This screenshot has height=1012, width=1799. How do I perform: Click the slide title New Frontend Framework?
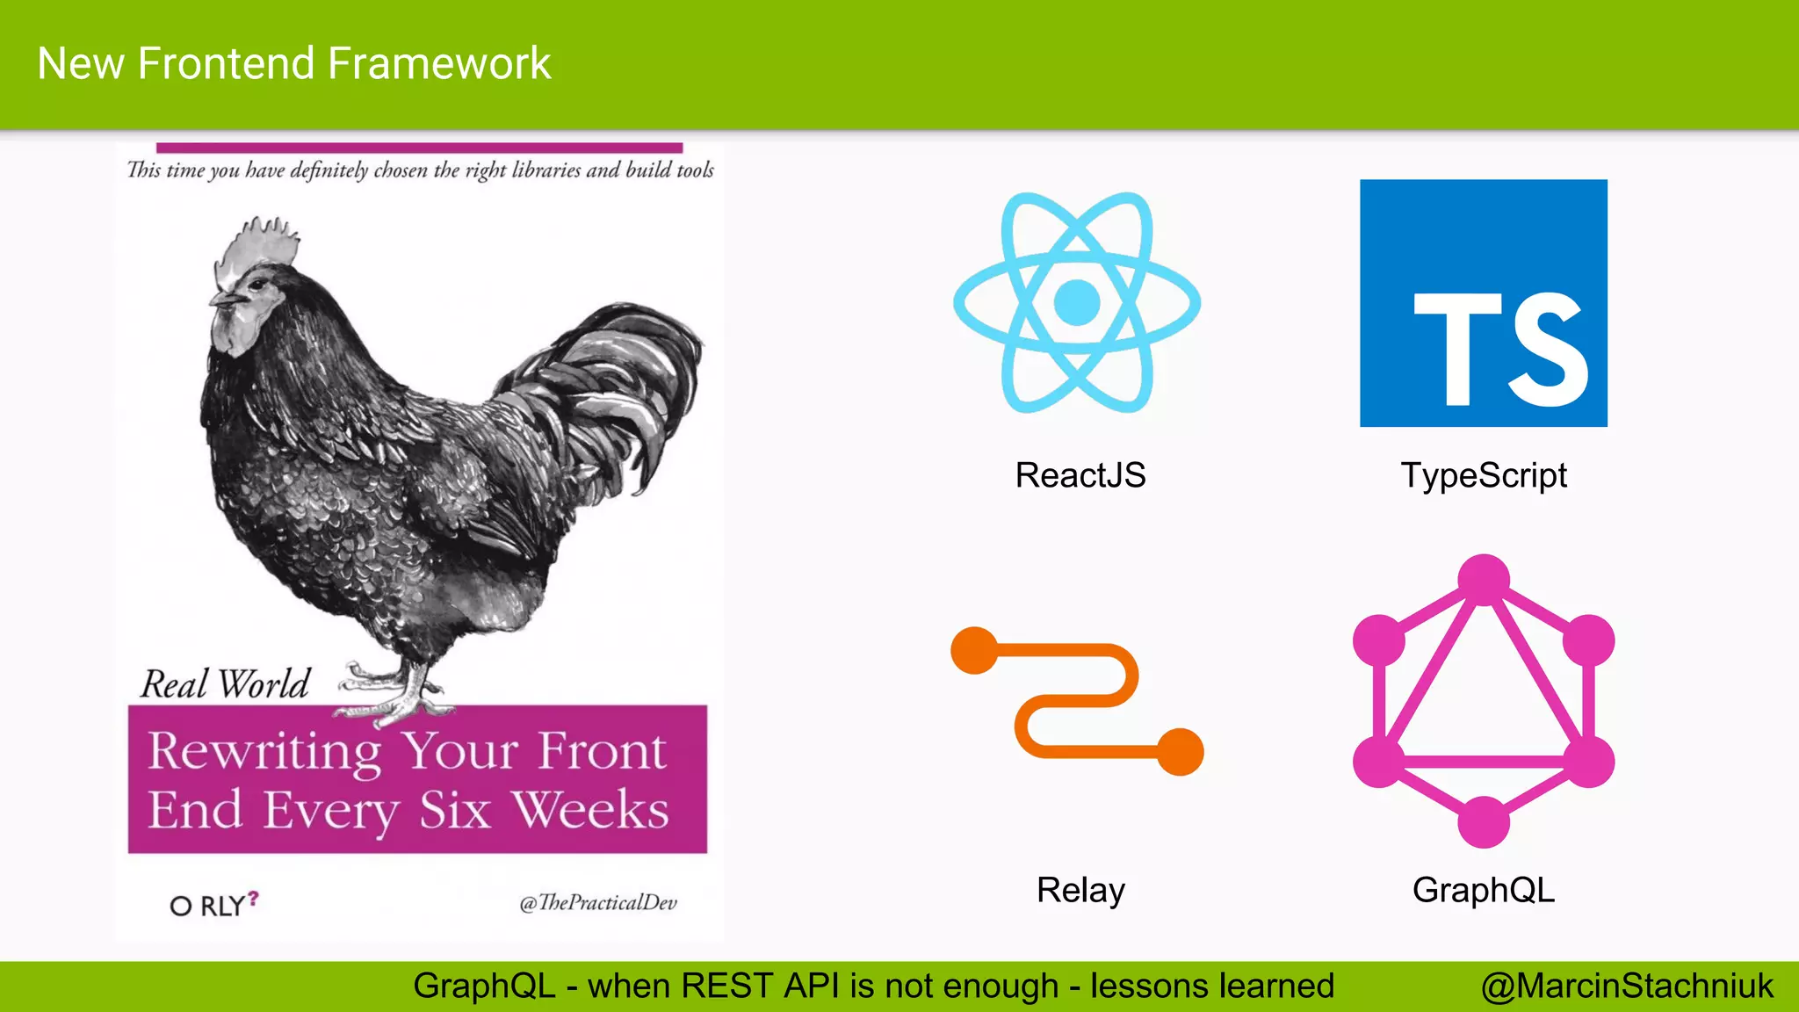294,64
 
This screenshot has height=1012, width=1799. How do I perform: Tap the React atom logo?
1077,302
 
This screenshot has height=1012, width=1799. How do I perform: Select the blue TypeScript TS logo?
1484,303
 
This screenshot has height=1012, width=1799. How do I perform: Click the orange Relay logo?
1077,701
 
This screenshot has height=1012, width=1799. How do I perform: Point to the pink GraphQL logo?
1484,701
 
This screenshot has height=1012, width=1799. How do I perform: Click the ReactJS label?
1080,475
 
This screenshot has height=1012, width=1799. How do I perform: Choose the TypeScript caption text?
1484,475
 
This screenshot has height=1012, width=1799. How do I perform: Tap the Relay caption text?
1080,890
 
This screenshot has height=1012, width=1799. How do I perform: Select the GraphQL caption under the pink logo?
1484,890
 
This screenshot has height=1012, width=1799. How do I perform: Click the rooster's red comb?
259,242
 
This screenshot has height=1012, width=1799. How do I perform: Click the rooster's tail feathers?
615,387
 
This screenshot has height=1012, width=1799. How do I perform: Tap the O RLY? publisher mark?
214,904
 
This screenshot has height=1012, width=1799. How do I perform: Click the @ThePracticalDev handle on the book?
598,903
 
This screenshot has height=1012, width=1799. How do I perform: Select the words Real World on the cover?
226,684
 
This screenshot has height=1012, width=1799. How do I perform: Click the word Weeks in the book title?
591,809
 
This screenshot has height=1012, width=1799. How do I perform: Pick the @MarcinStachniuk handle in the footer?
1627,987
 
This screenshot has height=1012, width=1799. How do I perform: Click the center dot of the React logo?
1077,302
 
